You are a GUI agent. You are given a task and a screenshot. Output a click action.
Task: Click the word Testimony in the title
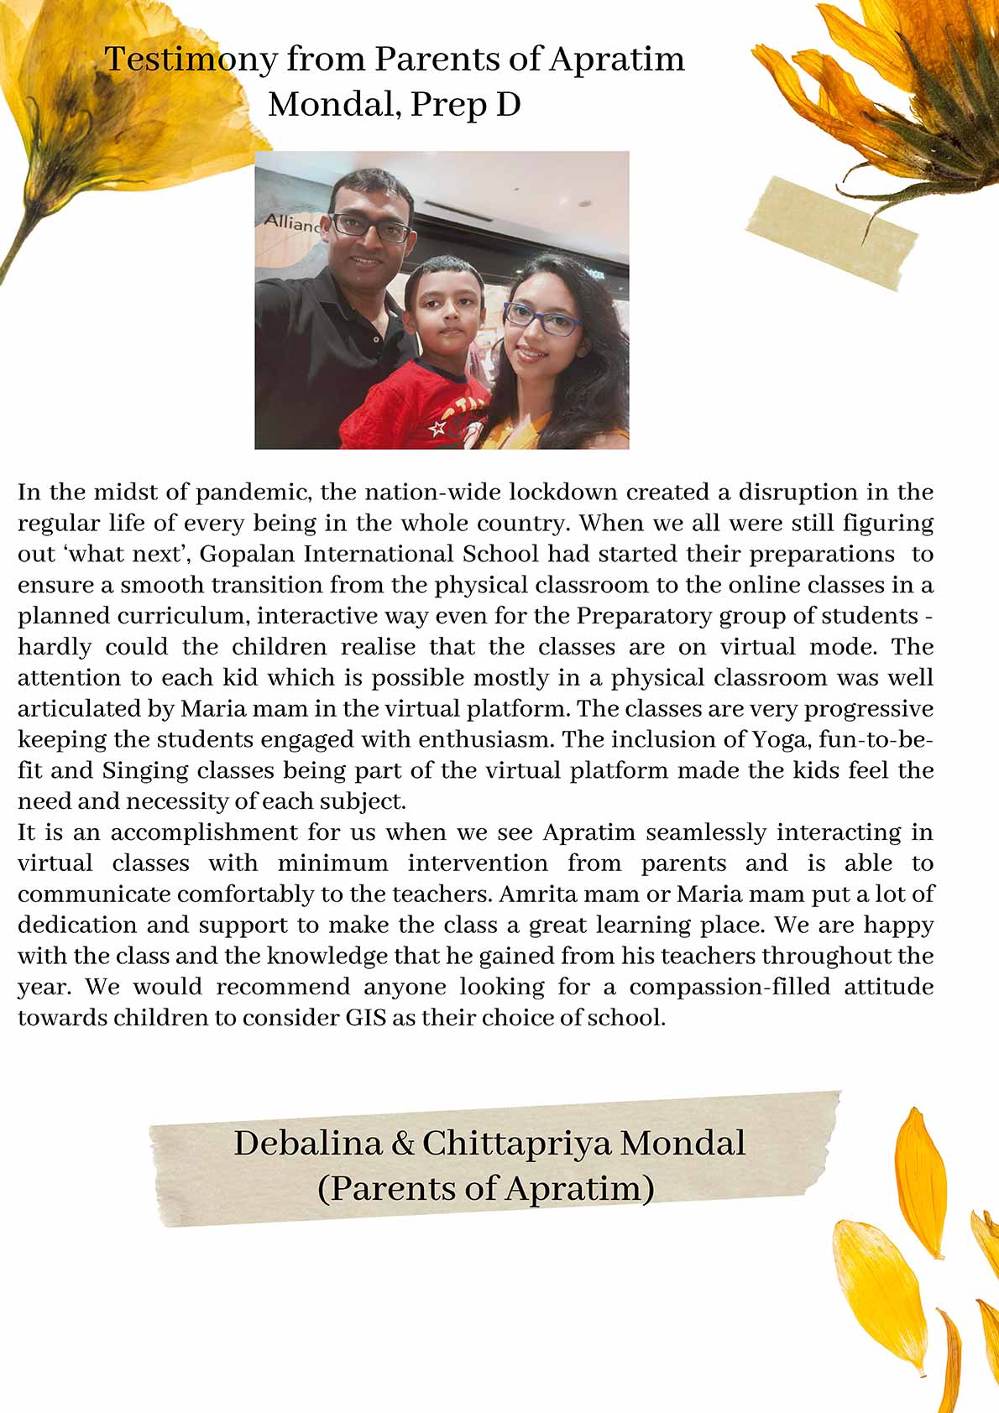191,60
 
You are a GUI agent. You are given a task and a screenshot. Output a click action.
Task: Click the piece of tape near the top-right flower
831,232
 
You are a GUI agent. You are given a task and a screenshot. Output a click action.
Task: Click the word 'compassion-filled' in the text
730,987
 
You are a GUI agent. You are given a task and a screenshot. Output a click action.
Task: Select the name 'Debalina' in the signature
306,1144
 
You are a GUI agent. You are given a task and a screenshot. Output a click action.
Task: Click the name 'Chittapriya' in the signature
516,1144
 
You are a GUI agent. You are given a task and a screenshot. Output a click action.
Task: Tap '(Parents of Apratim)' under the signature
486,1189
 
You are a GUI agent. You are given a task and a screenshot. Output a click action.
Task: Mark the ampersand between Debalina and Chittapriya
402,1144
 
